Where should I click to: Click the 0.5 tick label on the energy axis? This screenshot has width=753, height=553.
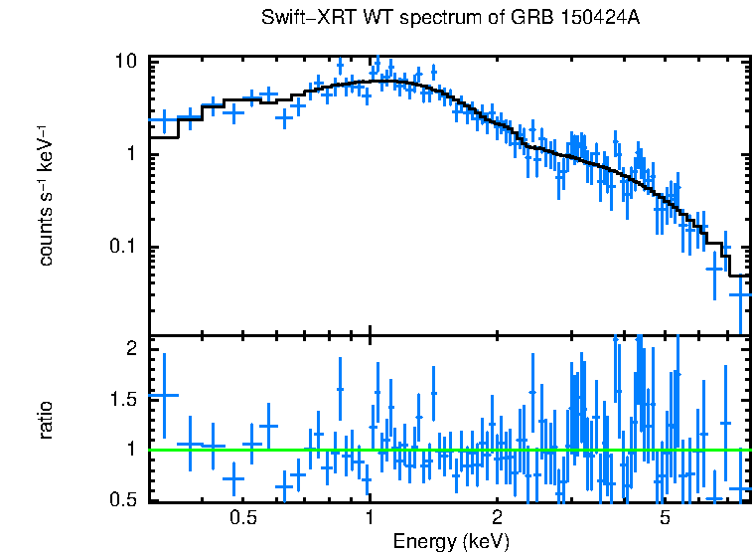[243, 518]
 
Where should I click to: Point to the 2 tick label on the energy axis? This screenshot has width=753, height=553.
[497, 518]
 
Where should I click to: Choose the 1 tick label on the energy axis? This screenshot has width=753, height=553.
[371, 518]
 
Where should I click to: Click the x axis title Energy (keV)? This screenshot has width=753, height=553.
[451, 541]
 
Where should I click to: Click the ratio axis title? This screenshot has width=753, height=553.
[46, 420]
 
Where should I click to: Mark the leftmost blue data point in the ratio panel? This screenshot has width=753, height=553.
[163, 396]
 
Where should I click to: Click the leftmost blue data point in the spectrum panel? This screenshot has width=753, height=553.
[164, 119]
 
